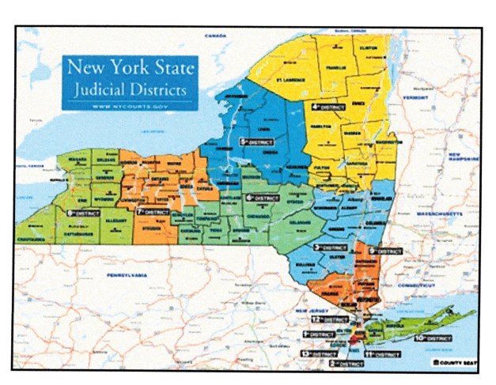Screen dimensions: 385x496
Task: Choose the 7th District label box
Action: coord(153,213)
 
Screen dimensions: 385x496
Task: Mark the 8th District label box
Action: coord(82,213)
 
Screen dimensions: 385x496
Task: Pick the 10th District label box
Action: coord(431,338)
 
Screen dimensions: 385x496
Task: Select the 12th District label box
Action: coord(325,319)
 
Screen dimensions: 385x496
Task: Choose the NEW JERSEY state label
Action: coord(305,313)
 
